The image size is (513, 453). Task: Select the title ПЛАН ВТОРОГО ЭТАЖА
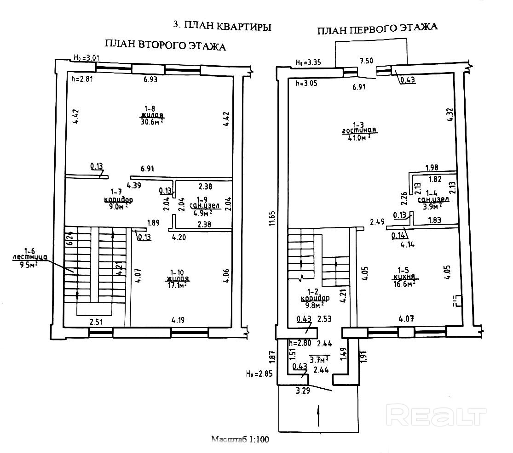click(x=165, y=45)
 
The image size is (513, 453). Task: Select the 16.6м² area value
click(x=404, y=284)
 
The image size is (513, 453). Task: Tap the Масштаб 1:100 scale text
click(x=239, y=440)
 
